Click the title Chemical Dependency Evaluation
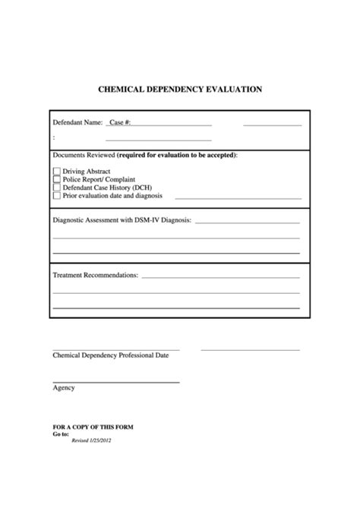click(x=180, y=89)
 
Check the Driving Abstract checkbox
click(x=56, y=172)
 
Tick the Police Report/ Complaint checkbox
click(x=56, y=179)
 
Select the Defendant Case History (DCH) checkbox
click(x=56, y=188)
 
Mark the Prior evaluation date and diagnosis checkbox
click(x=56, y=195)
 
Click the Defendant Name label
click(x=77, y=121)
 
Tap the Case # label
click(x=120, y=121)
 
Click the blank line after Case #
click(x=172, y=124)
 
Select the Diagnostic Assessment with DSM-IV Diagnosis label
click(x=122, y=220)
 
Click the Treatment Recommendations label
click(x=95, y=274)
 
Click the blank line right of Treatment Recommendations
click(x=220, y=276)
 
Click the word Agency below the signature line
click(x=64, y=387)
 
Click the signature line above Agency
click(x=115, y=381)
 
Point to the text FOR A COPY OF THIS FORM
click(x=93, y=428)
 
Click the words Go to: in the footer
click(x=60, y=434)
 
